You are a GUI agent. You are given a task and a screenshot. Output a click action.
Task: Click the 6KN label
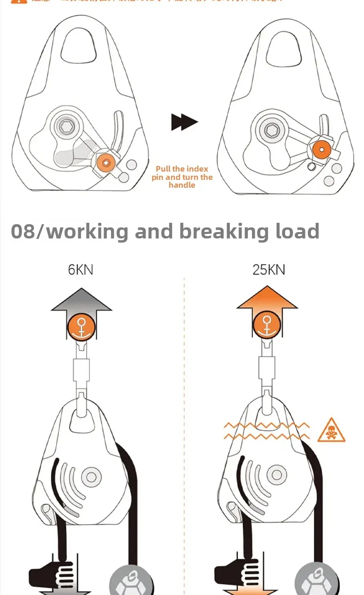click(81, 269)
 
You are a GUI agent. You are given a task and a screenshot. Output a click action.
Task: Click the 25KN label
click(268, 269)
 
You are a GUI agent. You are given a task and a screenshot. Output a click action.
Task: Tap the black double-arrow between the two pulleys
click(184, 122)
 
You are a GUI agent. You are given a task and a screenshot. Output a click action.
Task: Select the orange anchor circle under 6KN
click(81, 326)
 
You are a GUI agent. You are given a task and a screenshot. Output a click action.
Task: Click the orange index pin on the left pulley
click(106, 163)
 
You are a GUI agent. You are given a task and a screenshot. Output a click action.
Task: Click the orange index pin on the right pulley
click(322, 149)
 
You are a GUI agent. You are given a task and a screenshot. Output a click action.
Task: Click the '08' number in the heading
click(23, 231)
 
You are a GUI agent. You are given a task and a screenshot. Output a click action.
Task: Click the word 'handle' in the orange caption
click(182, 185)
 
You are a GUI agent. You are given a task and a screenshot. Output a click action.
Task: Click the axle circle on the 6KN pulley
click(90, 476)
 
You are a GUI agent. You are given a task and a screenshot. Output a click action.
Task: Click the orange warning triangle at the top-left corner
click(16, 1)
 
